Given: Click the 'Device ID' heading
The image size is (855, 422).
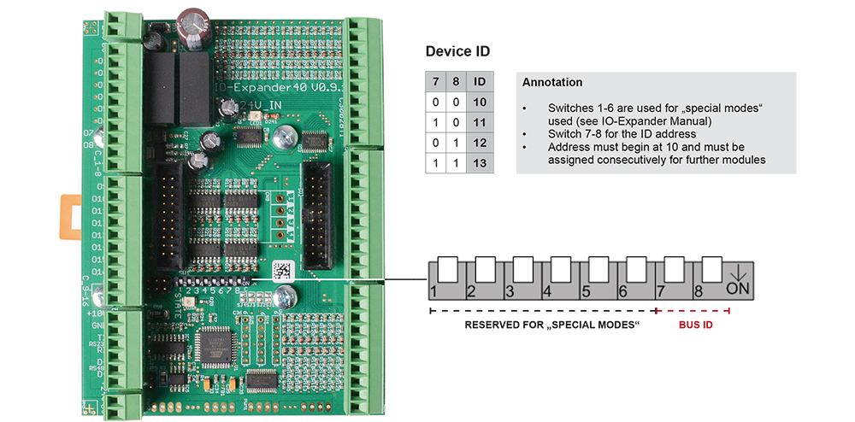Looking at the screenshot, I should pyautogui.click(x=457, y=51).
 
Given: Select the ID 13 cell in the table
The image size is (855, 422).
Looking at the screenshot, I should pyautogui.click(x=480, y=162).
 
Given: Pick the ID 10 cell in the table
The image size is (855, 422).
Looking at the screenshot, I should pyautogui.click(x=480, y=102).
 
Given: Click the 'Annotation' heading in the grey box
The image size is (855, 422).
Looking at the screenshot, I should pyautogui.click(x=551, y=83).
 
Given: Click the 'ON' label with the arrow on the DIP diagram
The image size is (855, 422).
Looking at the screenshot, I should pyautogui.click(x=737, y=282).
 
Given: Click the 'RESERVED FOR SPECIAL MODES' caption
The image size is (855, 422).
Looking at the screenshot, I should pyautogui.click(x=552, y=325).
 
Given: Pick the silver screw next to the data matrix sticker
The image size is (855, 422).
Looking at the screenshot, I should pyautogui.click(x=289, y=296).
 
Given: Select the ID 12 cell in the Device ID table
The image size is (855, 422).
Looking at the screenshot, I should pyautogui.click(x=480, y=142).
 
